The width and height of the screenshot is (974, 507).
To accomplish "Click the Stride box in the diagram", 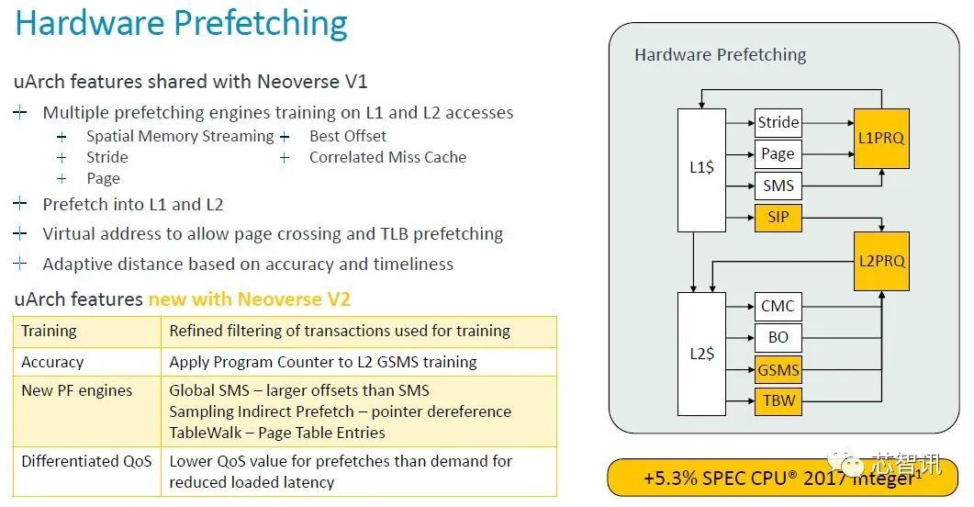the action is (778, 122).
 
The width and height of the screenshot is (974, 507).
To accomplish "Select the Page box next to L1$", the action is (778, 154).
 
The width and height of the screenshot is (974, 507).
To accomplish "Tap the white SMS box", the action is (778, 186).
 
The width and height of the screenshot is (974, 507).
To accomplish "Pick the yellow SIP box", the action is (778, 218).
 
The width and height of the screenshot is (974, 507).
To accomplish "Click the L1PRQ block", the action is (881, 139).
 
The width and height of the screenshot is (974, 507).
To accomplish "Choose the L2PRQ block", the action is (881, 261).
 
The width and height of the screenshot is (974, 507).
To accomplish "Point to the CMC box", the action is (778, 307).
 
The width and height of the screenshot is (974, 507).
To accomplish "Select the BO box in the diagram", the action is (778, 337).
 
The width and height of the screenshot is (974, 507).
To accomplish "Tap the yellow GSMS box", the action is (778, 369).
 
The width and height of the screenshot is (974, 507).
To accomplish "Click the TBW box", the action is (778, 400).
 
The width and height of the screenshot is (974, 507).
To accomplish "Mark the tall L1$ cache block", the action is (701, 170).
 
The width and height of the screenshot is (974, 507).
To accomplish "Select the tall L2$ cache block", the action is (701, 354).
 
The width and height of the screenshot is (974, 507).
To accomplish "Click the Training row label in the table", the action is (49, 332).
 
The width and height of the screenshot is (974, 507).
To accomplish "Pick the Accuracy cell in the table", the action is (52, 362).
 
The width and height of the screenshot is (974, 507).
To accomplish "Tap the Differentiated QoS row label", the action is (86, 461).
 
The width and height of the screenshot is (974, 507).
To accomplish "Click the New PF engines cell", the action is (77, 391).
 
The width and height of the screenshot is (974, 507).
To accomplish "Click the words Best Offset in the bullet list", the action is (348, 136).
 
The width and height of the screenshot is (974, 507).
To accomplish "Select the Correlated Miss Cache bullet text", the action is (387, 157).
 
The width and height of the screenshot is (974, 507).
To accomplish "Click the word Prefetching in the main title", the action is (261, 24).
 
